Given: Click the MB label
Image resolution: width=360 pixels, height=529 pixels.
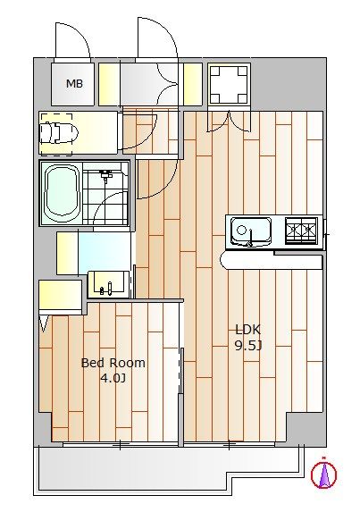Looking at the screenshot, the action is (x=74, y=83).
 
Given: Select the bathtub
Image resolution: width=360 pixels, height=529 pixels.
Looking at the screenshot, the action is (x=63, y=192).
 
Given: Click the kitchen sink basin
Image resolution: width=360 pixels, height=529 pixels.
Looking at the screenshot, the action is (x=251, y=231).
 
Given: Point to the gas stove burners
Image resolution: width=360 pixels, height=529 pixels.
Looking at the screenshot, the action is (x=301, y=231).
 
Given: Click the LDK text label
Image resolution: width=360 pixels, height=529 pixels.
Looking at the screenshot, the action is (x=248, y=330).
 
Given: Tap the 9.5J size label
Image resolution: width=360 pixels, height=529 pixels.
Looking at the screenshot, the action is (x=248, y=346).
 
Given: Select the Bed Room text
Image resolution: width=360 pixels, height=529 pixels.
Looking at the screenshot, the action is (x=113, y=363).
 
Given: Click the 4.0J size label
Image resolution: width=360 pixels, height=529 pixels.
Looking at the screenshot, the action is (x=113, y=378).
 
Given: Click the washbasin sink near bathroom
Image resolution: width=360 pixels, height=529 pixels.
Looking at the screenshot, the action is (x=108, y=284).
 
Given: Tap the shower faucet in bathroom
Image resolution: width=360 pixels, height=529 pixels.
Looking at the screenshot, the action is (x=106, y=175).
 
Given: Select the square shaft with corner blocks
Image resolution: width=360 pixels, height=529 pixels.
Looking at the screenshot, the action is (x=229, y=84).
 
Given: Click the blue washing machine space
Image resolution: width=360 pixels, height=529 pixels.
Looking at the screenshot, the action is (x=105, y=249).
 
